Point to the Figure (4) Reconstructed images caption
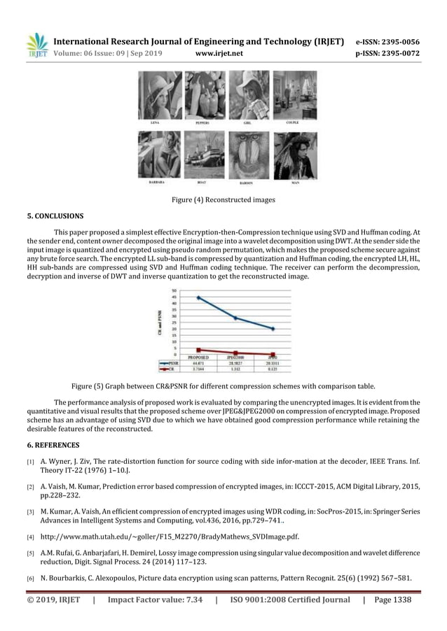pyautogui.click(x=223, y=200)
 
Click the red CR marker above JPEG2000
pyautogui.click(x=235, y=353)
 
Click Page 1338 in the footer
pyautogui.click(x=392, y=600)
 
